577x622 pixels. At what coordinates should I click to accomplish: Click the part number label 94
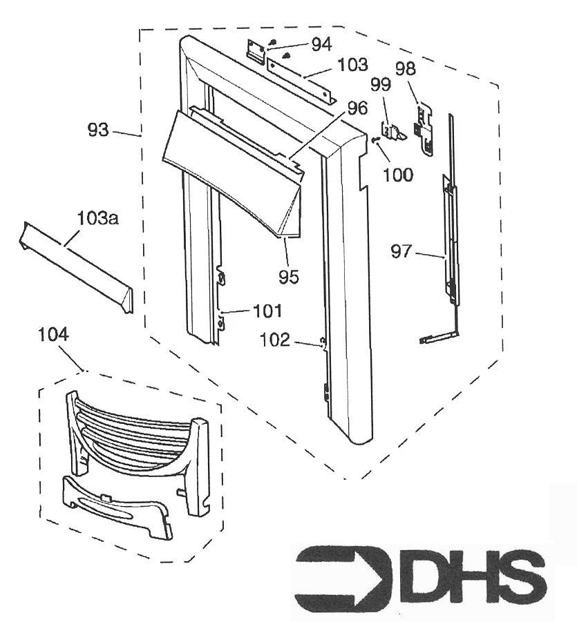321,44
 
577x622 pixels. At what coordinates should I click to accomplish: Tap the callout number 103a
97,218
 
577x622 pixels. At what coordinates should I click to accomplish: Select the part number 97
401,251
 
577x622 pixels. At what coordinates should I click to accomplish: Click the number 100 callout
398,175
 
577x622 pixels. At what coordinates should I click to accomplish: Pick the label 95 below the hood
289,277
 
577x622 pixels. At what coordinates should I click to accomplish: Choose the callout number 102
275,340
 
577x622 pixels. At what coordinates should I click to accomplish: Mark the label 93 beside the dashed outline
98,130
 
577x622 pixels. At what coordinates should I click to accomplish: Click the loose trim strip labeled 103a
76,267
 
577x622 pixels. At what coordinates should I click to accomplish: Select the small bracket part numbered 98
424,129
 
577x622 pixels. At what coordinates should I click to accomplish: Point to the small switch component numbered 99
392,131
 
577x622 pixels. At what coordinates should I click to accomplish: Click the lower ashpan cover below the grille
118,507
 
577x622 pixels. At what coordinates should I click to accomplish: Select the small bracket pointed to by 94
256,51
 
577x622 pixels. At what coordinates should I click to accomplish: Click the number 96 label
357,108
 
